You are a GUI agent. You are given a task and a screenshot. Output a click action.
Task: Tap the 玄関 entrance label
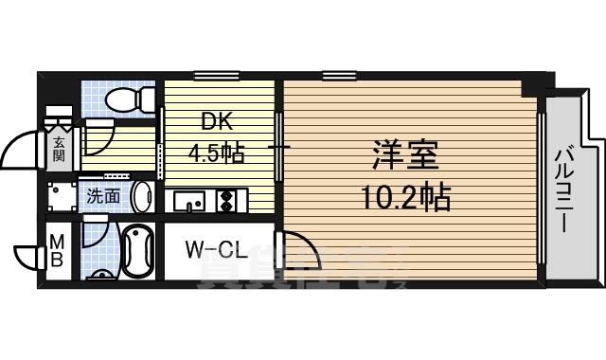point(59,149)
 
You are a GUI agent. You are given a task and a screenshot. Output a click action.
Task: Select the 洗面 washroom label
point(103,197)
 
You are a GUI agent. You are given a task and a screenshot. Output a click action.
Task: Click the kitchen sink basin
point(188,201)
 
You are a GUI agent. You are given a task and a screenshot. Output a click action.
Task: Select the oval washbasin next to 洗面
point(142,197)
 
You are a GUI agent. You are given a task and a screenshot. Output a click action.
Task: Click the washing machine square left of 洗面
point(62,197)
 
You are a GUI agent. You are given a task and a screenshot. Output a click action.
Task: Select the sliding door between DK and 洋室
point(278,147)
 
